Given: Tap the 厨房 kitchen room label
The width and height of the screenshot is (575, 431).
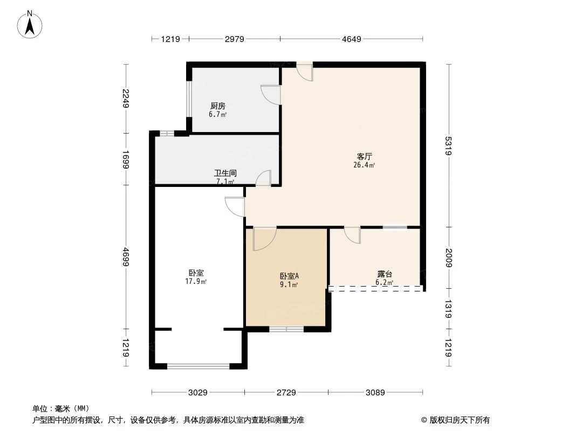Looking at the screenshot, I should tap(217, 106).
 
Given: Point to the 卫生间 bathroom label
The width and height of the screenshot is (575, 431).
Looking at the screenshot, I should tap(225, 173).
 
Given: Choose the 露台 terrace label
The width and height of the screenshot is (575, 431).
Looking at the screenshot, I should tap(384, 274).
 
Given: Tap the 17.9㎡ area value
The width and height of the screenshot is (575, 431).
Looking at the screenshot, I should tap(196, 281).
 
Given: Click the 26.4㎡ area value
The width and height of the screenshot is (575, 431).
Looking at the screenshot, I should tap(361, 165).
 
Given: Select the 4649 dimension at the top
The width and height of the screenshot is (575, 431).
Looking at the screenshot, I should tap(351, 39).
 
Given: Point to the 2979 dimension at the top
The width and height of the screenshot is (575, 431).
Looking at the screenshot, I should tap(234, 39).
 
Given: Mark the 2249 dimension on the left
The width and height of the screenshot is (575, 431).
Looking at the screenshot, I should tap(126, 99).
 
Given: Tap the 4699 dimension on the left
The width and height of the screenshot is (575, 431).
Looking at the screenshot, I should tap(126, 256).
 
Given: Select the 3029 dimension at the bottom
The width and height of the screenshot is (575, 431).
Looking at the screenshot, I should tap(198, 393).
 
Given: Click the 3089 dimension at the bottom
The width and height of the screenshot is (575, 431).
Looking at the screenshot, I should tap(375, 393).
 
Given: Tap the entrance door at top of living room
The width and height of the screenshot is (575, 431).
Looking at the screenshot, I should tap(304, 72).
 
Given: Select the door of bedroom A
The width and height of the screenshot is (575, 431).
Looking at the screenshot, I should tap(264, 239).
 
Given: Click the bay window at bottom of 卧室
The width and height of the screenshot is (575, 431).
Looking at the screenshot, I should tap(198, 366).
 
